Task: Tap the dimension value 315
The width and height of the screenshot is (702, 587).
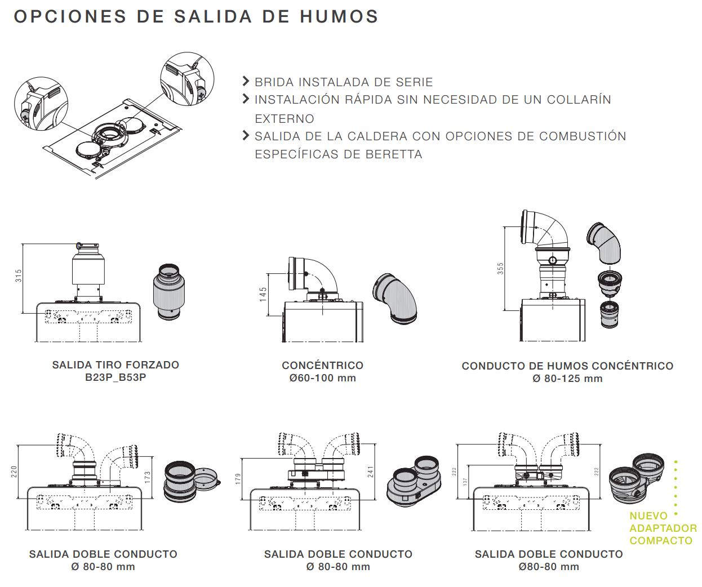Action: [x=19, y=276]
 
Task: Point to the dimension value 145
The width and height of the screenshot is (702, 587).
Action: [x=263, y=294]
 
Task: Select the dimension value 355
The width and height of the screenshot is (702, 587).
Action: [x=500, y=268]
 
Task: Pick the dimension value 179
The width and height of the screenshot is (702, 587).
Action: [x=238, y=479]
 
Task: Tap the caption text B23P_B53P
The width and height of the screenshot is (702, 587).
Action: [x=115, y=377]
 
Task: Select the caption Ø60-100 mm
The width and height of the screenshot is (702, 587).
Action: [x=322, y=378]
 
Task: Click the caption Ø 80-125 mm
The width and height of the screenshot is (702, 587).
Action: [x=567, y=379]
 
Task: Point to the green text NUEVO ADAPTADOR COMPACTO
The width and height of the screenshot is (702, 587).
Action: [x=663, y=528]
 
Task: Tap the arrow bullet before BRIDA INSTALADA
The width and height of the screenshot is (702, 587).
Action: [x=245, y=81]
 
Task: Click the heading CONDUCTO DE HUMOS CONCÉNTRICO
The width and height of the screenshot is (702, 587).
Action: [x=567, y=366]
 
